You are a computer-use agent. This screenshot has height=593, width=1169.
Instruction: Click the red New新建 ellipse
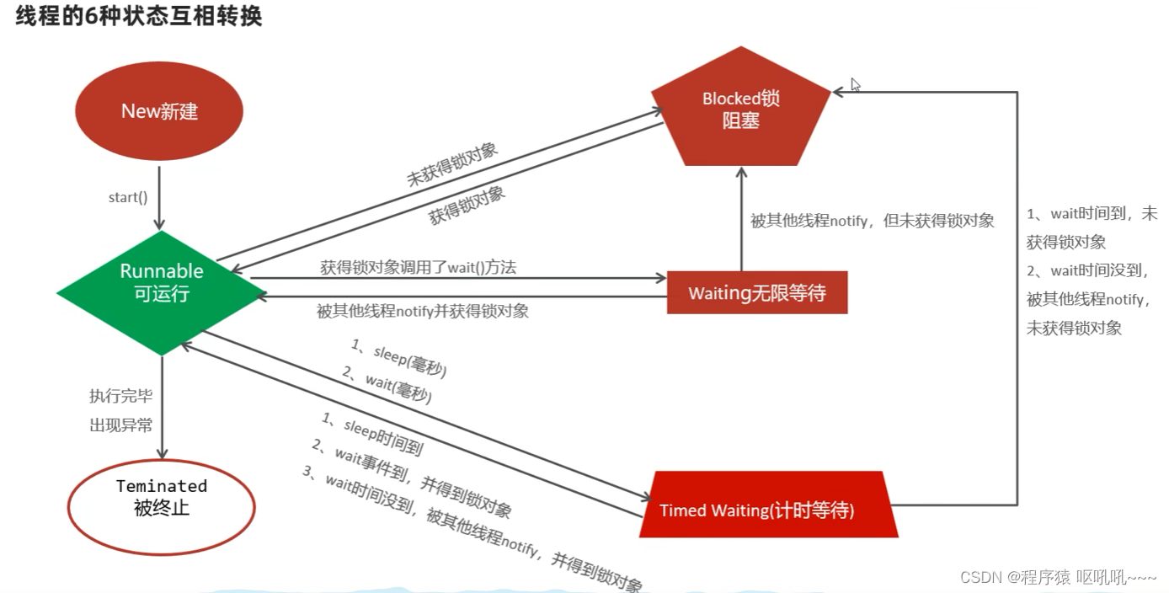pos(159,111)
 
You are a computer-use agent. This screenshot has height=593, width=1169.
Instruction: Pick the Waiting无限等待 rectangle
pos(756,292)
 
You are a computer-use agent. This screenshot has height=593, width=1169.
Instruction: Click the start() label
pos(128,198)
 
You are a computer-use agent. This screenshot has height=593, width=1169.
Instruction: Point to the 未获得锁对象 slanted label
pos(452,165)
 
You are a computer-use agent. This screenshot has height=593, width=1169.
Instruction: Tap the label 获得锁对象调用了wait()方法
pos(418,267)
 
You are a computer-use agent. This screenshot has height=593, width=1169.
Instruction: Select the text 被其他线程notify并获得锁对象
pos(423,311)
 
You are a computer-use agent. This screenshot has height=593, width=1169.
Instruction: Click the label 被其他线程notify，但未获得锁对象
pos(873,221)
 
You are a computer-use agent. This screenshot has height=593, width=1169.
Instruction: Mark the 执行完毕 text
pos(121,396)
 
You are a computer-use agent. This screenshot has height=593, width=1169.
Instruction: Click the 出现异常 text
pos(121,425)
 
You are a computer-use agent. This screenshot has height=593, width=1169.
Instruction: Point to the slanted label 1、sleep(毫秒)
pos(398,358)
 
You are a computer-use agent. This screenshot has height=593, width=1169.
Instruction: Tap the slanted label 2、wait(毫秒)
pos(387,385)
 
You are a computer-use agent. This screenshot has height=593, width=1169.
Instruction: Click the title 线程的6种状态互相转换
pos(139,16)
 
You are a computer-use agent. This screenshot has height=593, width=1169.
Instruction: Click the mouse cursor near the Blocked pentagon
pos(855,84)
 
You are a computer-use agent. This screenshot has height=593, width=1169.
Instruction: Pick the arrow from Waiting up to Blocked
pos(741,219)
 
